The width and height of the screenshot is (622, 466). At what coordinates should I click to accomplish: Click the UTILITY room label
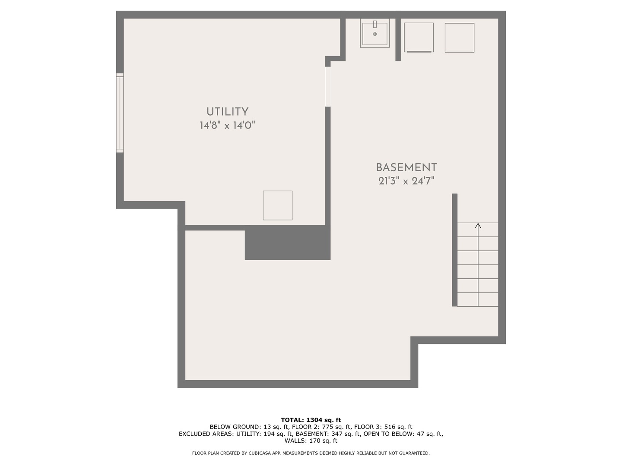click(227, 112)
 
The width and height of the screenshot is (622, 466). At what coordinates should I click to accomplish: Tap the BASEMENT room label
click(406, 168)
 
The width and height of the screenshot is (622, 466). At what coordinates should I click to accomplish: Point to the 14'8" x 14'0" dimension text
click(227, 125)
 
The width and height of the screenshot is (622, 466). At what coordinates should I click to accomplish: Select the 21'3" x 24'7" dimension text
click(406, 181)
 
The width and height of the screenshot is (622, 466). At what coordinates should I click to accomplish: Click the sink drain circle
click(375, 34)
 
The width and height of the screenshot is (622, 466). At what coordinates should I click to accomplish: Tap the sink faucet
click(375, 24)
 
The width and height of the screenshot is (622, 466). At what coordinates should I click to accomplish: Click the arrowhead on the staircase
click(478, 226)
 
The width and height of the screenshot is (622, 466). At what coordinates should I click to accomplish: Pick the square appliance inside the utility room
click(277, 205)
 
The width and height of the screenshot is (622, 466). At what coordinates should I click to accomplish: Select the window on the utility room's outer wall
click(120, 113)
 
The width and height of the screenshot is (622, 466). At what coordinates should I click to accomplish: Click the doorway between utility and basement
click(328, 87)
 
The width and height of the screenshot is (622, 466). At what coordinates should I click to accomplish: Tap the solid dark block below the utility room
click(287, 243)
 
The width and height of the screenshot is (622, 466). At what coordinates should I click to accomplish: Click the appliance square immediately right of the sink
click(419, 38)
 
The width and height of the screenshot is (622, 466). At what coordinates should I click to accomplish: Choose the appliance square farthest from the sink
click(459, 38)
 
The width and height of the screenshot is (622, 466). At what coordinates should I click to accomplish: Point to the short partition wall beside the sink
click(398, 40)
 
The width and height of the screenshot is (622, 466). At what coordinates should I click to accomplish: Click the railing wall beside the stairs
click(454, 250)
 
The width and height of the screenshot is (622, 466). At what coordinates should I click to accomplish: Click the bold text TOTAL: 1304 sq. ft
click(311, 420)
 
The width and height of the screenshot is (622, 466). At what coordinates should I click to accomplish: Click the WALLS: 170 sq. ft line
click(311, 441)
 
